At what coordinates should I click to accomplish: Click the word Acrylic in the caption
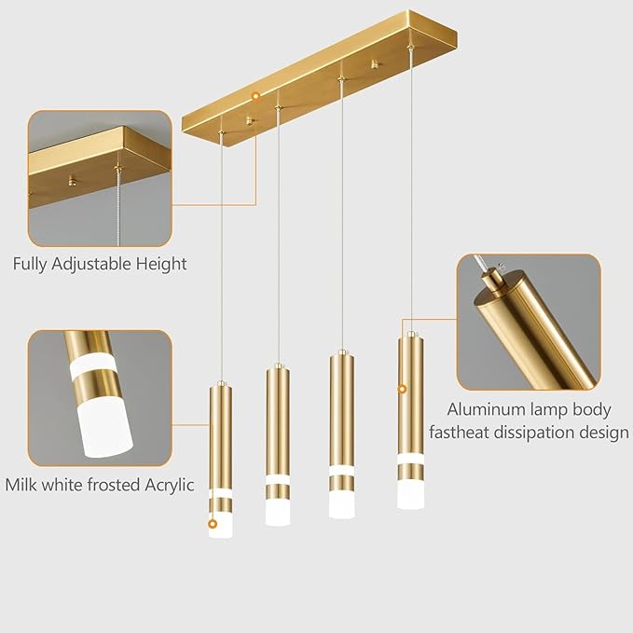(165, 485)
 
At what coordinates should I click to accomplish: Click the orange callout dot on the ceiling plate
(255, 96)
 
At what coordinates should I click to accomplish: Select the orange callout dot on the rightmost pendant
(403, 388)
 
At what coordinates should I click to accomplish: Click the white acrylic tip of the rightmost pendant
(410, 493)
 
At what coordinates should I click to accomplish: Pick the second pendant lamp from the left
(278, 438)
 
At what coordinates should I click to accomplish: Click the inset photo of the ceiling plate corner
(99, 178)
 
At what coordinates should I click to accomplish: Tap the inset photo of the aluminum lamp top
(528, 322)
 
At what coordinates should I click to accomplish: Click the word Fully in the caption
(32, 265)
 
